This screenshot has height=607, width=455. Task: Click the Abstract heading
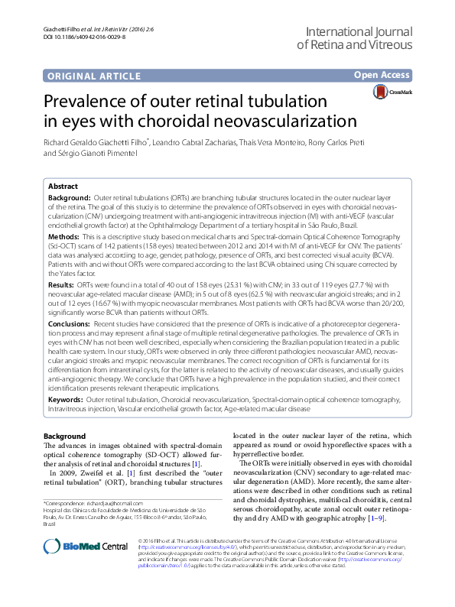(x=62, y=187)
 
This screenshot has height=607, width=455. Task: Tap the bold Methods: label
(x=64, y=238)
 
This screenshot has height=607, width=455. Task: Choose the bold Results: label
(x=63, y=284)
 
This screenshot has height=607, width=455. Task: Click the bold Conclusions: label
(x=70, y=323)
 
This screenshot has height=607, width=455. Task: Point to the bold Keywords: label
(x=67, y=399)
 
